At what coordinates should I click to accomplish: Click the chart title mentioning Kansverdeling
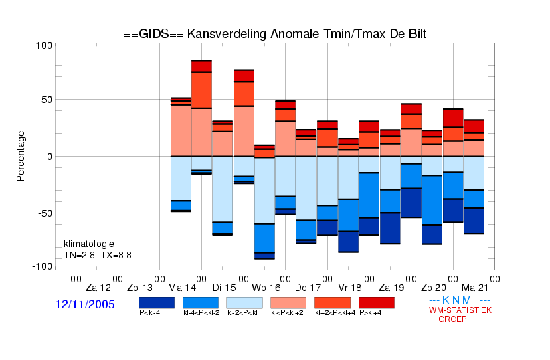[x=275, y=34]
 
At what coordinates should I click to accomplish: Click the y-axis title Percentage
[x=21, y=156]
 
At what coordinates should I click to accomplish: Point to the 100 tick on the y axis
[x=44, y=46]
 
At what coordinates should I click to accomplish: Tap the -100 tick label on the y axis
[x=42, y=267]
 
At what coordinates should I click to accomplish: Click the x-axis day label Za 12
[x=98, y=288]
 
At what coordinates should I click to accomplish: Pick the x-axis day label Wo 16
[x=266, y=288]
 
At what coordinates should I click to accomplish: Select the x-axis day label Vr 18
[x=350, y=288]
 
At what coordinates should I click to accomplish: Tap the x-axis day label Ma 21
[x=475, y=288]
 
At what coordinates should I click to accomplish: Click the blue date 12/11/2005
[x=85, y=304]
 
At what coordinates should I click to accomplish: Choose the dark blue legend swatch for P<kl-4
[x=157, y=303]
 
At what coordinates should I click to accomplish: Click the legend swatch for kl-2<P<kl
[x=244, y=303]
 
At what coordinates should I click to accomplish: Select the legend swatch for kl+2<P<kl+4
[x=333, y=303]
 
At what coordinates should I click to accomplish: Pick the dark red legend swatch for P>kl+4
[x=377, y=303]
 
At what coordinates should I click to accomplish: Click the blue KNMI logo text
[x=460, y=300]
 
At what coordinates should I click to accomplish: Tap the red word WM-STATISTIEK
[x=460, y=310]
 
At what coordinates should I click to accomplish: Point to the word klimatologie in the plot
[x=89, y=244]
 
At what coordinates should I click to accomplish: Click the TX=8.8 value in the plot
[x=116, y=255]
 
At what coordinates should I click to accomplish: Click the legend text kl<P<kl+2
[x=287, y=312]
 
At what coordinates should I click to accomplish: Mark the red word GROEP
[x=452, y=319]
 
